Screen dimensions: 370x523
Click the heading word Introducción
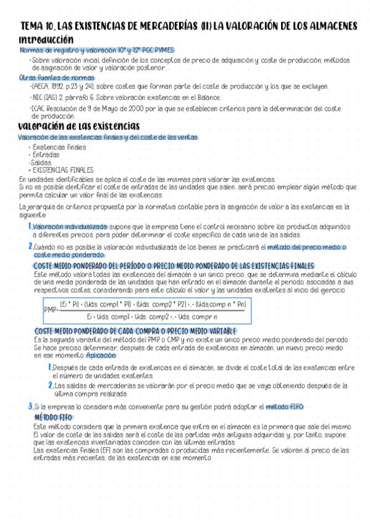[x=46, y=39]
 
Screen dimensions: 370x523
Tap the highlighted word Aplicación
[x=101, y=356]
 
